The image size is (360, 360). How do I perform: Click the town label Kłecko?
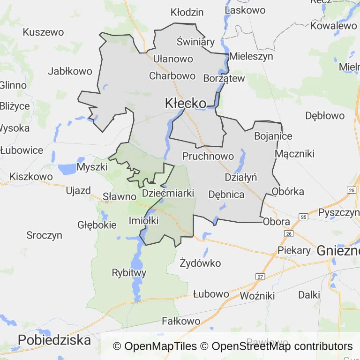186,104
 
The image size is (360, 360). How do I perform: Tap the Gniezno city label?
337,250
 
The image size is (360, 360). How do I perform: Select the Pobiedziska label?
54,340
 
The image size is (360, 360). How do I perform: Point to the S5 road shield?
304,217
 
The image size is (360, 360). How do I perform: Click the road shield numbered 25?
351,190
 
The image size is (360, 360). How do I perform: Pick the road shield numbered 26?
289,233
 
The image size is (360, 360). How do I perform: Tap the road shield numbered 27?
260,277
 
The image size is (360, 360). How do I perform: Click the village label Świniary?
195,42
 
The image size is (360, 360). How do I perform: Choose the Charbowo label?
172,75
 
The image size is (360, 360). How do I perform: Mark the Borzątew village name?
224,78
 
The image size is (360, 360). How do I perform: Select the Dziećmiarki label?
168,193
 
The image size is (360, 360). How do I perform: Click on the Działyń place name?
241,177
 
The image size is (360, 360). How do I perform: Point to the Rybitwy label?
129,272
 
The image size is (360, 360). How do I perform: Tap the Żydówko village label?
200,263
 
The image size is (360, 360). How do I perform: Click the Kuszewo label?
43,32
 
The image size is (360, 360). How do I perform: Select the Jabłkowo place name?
70,71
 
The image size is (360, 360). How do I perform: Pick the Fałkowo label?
181,321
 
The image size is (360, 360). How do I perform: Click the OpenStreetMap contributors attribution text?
282,346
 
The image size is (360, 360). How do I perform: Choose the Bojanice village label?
273,136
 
